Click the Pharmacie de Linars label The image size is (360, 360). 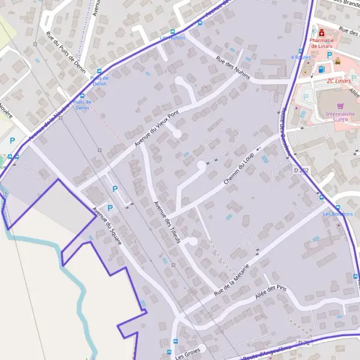[322, 43]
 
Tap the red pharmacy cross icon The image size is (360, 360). [322, 32]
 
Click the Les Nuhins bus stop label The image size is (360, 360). [172, 37]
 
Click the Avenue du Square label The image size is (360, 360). [107, 226]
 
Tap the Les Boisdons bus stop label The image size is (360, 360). [338, 214]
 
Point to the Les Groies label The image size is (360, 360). [187, 353]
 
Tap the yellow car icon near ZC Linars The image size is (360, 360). [338, 61]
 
